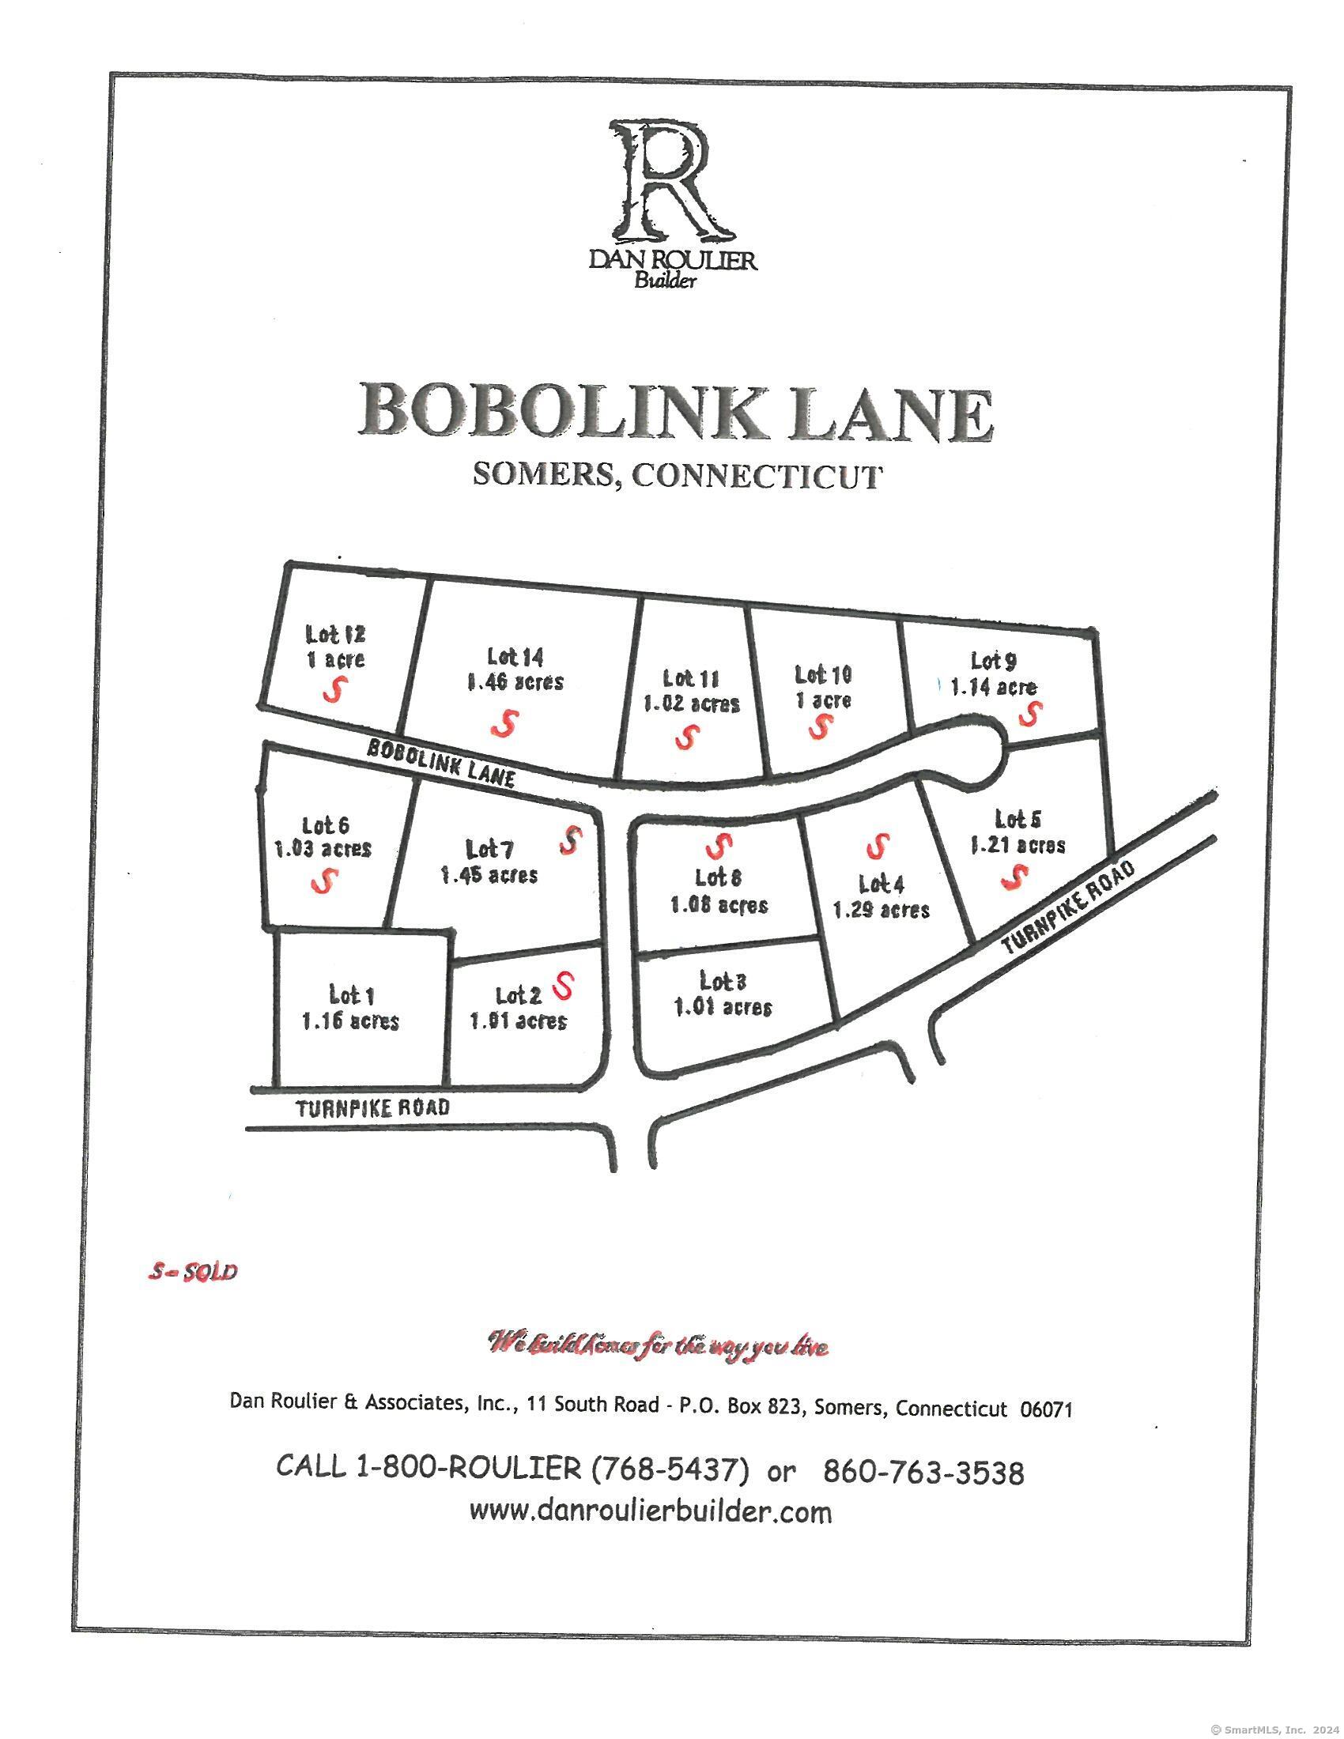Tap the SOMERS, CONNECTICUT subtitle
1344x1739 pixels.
[678, 476]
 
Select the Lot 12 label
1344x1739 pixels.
[335, 635]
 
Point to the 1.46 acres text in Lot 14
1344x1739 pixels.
[515, 682]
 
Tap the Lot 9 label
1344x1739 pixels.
[993, 660]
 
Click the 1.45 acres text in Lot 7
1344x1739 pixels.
[489, 875]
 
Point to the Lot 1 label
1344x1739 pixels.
[351, 994]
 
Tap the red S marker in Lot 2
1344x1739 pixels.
[564, 985]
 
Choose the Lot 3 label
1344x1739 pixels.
[723, 980]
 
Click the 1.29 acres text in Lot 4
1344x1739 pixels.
[881, 909]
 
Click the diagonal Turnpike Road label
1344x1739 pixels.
[1069, 908]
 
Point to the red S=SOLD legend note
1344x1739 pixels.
[193, 1272]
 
